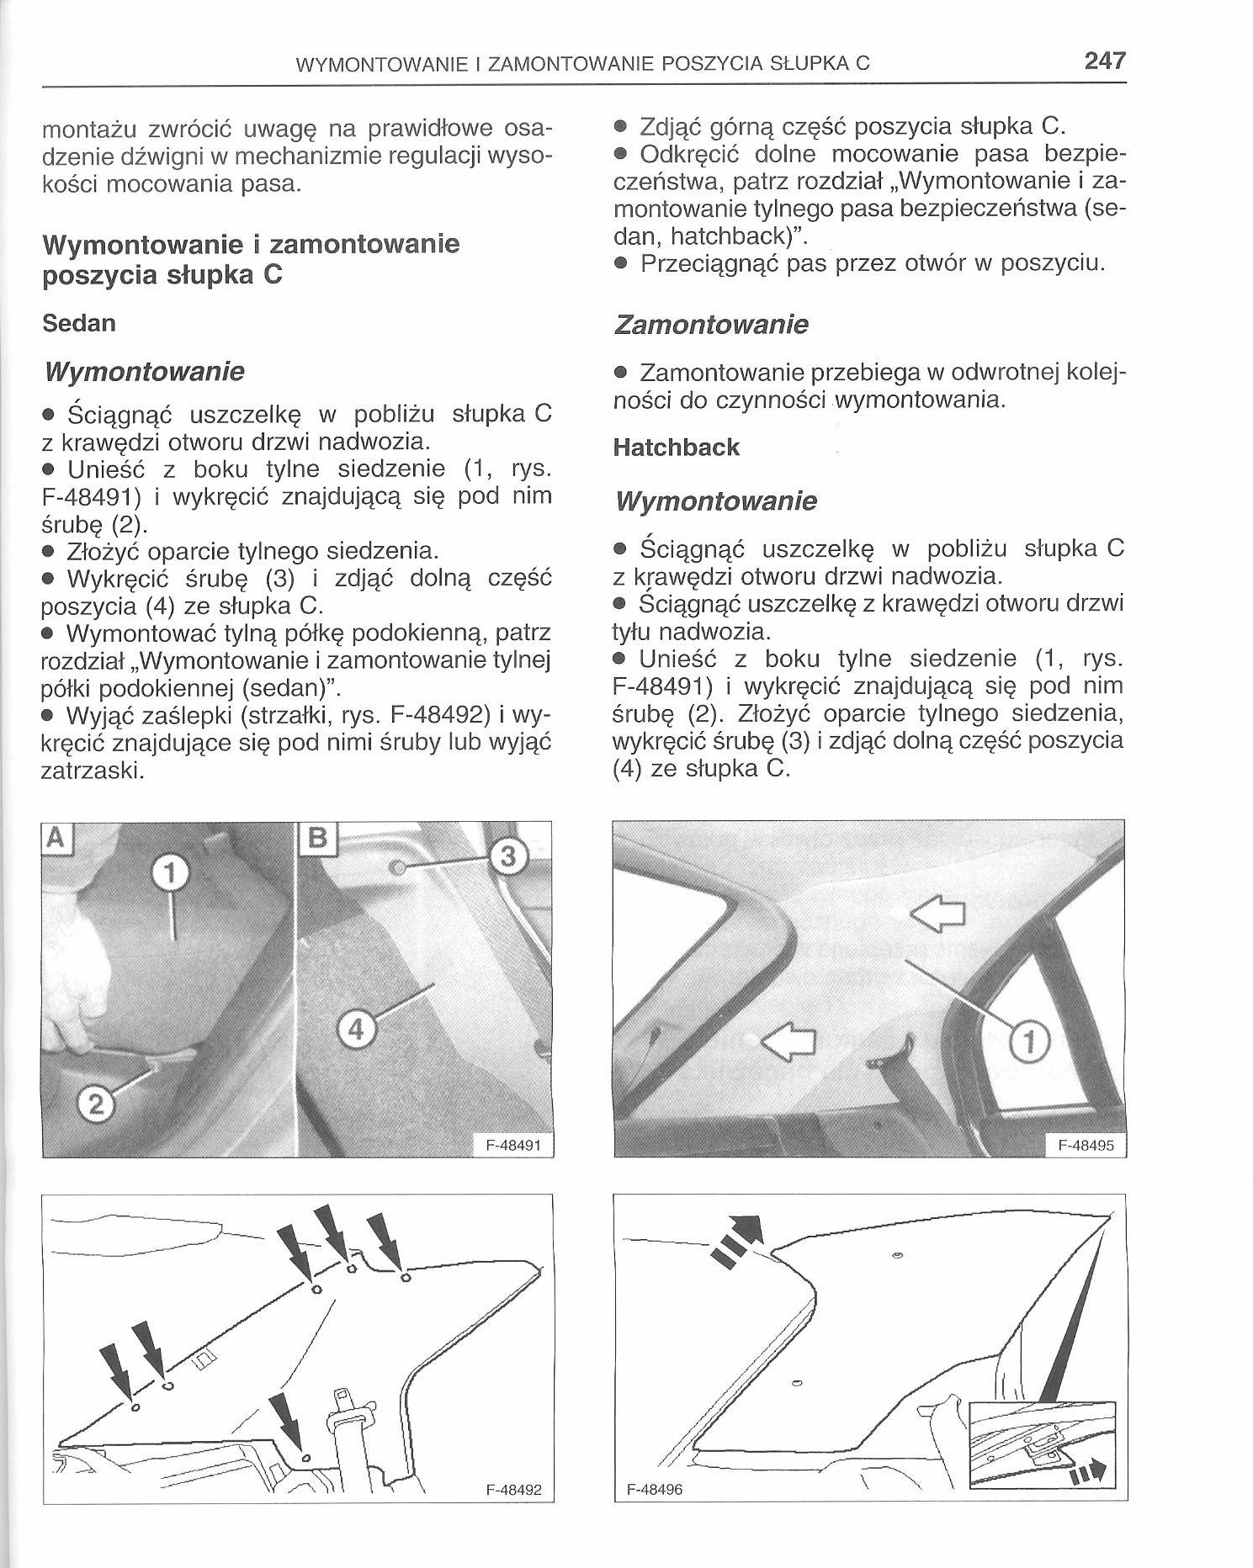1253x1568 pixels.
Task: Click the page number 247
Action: coord(1104,61)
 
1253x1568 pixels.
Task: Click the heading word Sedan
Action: coord(78,323)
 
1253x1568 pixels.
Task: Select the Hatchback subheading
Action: coord(676,447)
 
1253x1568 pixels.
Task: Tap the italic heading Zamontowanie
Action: coord(710,325)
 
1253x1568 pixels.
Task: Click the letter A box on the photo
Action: coord(56,838)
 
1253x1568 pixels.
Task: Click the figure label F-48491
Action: coord(513,1145)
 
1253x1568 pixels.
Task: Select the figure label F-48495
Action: coord(1086,1145)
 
